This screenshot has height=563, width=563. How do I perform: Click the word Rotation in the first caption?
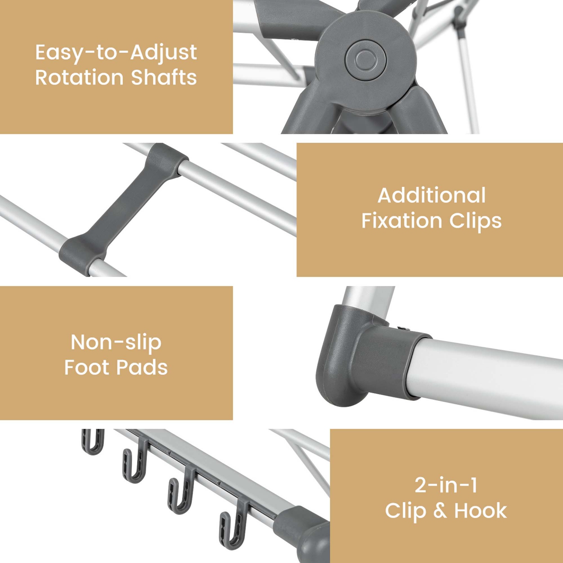79,78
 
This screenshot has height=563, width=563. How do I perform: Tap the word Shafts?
164,78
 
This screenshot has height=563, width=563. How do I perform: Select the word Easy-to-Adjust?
116,53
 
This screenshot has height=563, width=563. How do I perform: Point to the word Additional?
432,196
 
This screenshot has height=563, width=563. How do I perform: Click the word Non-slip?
116,342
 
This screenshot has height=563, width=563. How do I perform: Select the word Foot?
87,367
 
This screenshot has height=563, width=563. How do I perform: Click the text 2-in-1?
446,485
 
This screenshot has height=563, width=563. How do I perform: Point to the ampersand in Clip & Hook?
440,511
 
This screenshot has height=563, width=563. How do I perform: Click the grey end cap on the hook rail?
306,533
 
